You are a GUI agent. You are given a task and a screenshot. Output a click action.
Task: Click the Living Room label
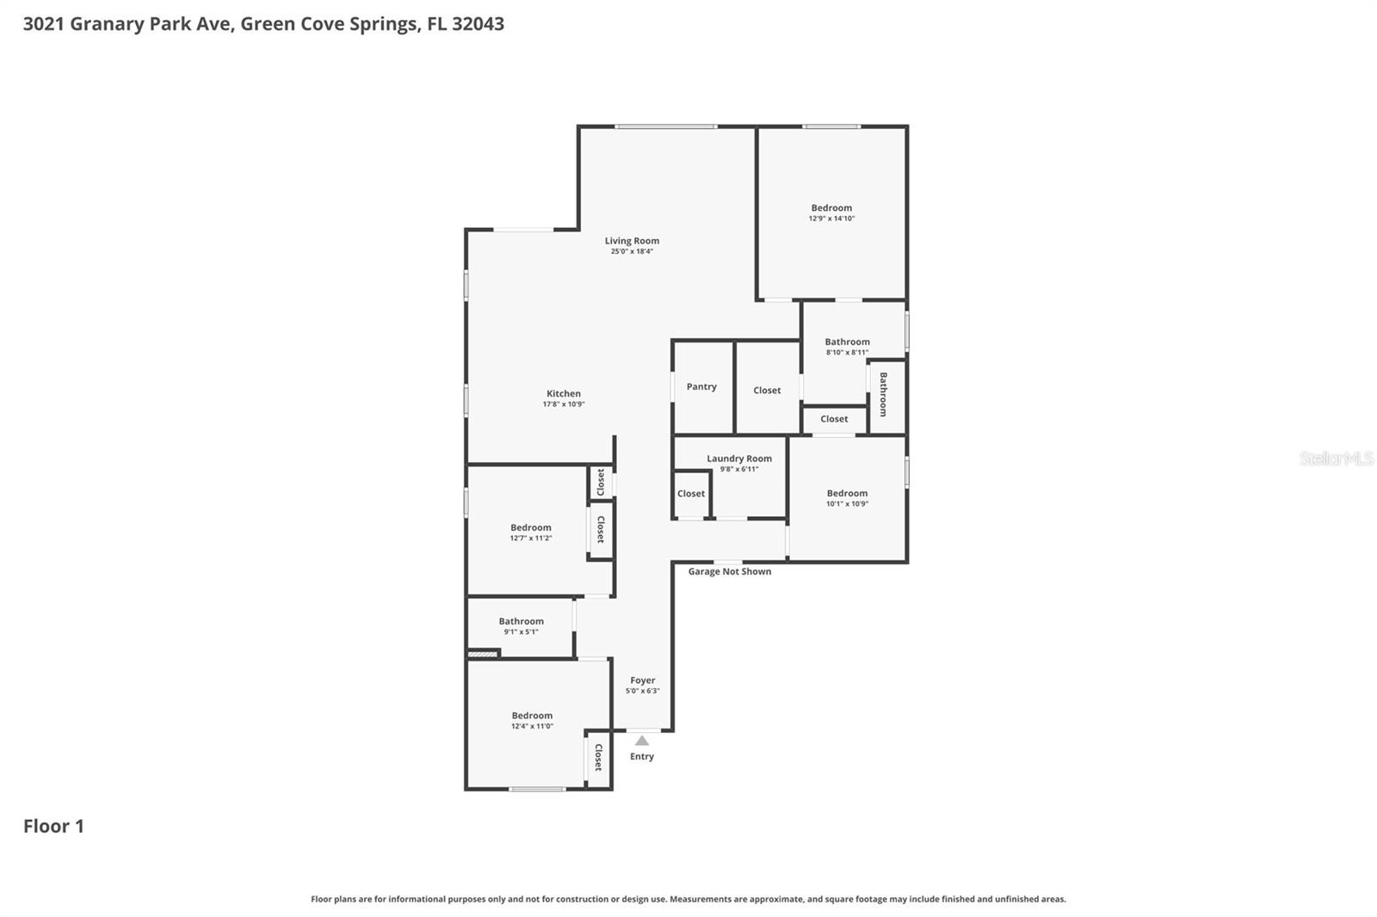[632, 242]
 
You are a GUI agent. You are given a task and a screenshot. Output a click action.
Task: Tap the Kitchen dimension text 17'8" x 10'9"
[564, 404]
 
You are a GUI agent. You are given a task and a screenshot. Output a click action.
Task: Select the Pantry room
[701, 387]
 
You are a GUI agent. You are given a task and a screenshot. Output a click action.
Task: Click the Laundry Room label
[739, 459]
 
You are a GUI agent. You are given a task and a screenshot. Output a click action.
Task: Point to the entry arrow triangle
[642, 741]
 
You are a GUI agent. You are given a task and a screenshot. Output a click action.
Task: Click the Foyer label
[642, 680]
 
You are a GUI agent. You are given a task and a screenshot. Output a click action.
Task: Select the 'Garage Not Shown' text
[730, 572]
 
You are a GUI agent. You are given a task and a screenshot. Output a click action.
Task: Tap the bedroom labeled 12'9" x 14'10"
[831, 212]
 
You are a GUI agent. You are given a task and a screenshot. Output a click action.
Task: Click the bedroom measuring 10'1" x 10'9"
[847, 498]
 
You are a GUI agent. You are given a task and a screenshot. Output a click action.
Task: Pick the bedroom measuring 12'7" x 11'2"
[530, 532]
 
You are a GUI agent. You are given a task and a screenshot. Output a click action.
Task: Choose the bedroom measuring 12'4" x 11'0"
[532, 720]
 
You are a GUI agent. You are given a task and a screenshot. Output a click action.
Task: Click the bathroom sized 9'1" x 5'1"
[521, 625]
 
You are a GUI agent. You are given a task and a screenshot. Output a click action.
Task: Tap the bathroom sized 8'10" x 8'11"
[847, 346]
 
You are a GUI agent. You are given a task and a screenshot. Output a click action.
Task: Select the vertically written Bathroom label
[884, 395]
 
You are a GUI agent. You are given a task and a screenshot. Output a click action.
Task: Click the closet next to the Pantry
[767, 391]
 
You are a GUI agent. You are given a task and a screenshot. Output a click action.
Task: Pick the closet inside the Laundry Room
[691, 494]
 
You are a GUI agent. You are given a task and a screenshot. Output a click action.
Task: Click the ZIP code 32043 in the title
[478, 24]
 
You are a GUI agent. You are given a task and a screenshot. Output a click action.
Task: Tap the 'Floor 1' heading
[53, 827]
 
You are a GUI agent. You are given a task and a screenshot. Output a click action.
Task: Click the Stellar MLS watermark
[1336, 459]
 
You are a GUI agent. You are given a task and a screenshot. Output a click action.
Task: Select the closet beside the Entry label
[598, 758]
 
